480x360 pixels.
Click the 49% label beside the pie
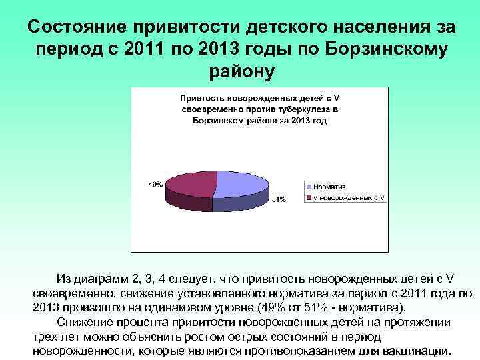(x=155, y=183)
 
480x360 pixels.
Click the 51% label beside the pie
(x=278, y=199)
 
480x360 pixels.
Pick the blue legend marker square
(x=308, y=188)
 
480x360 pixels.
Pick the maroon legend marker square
(x=308, y=197)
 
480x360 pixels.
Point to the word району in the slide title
(x=239, y=71)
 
